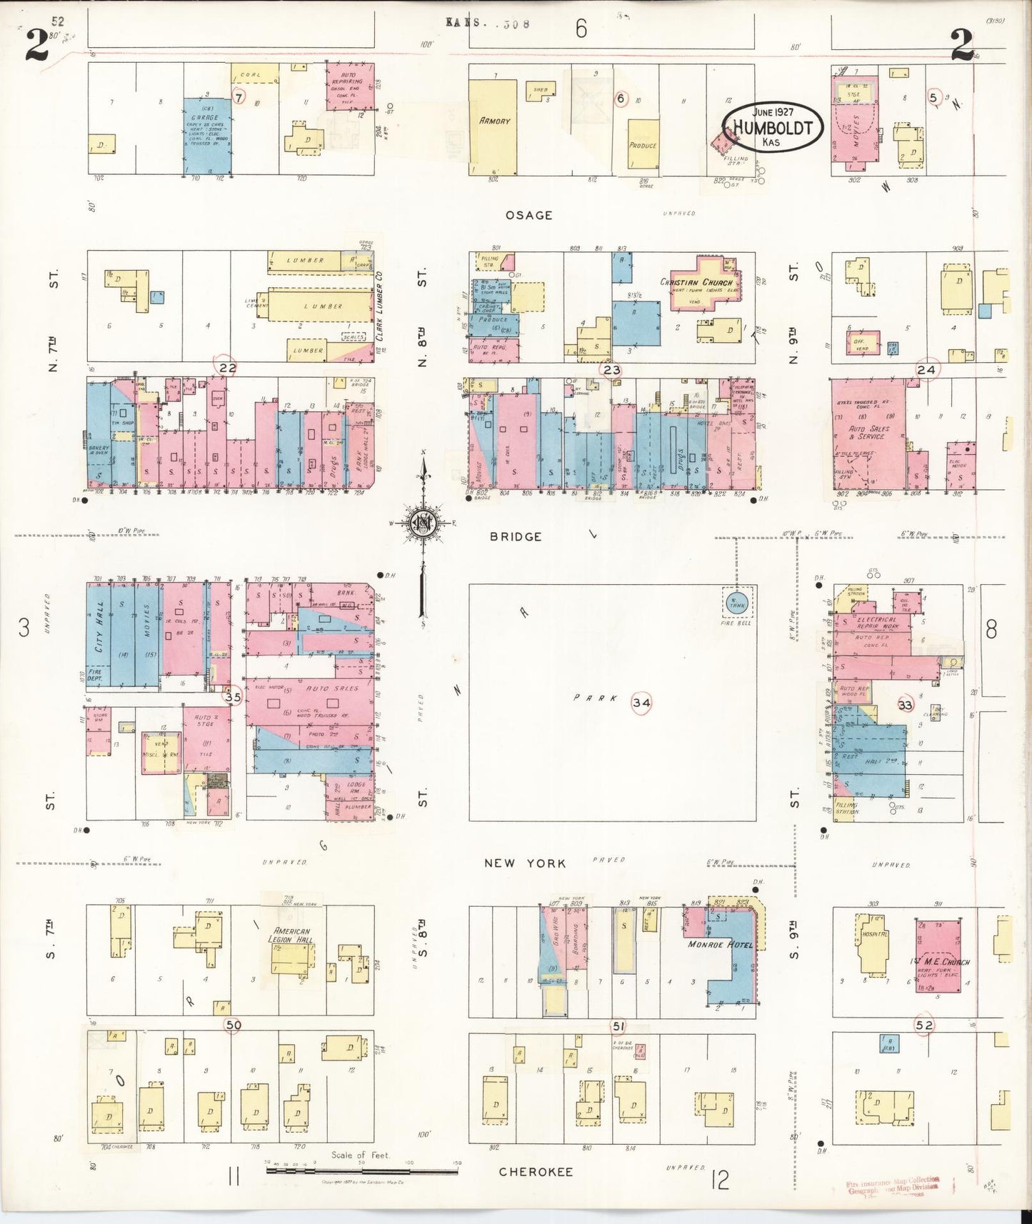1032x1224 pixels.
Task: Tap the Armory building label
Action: tap(495, 121)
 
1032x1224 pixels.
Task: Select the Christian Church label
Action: tap(696, 283)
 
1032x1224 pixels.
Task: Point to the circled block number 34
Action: tap(641, 703)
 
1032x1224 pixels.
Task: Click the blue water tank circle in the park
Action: tap(736, 604)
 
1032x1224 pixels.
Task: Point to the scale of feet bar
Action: tap(361, 1170)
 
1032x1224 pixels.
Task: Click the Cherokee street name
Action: tap(536, 1172)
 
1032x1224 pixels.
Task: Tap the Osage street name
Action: tap(529, 215)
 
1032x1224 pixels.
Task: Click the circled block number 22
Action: tap(227, 368)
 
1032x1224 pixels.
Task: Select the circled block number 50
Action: tap(233, 1025)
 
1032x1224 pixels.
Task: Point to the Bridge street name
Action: tap(515, 536)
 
